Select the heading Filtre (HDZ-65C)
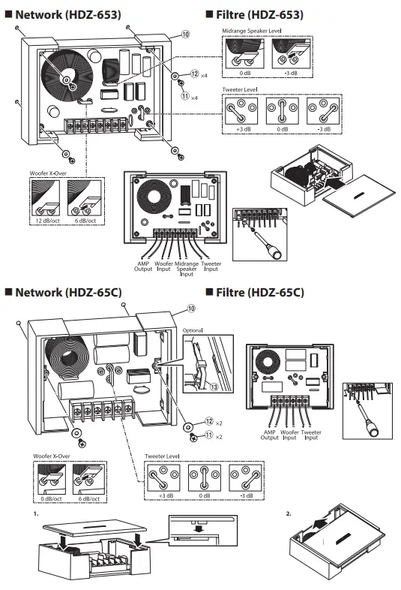tap(258, 292)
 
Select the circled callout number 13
tap(214, 388)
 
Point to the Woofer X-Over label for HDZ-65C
tap(52, 455)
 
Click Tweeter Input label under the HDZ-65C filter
tap(311, 435)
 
